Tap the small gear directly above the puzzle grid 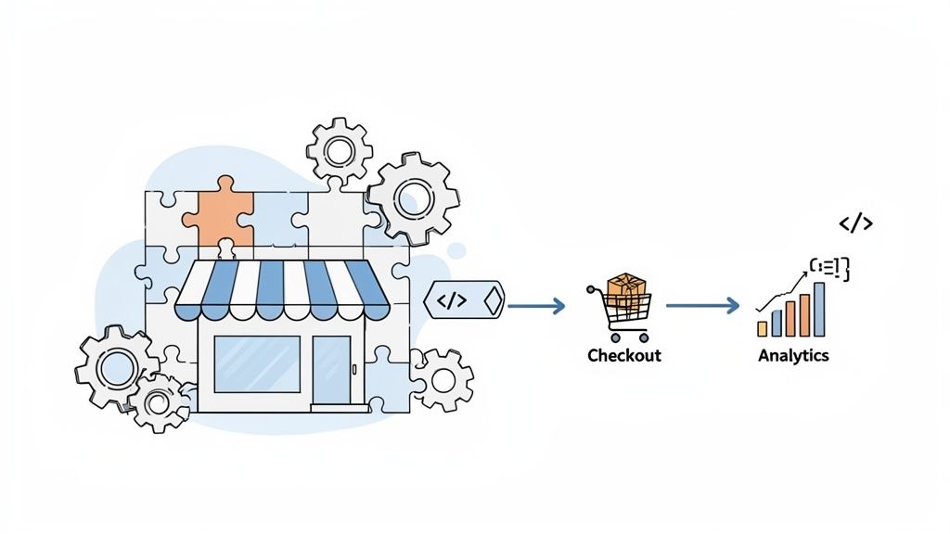pos(340,149)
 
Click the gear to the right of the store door pos(442,378)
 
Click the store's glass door pos(331,369)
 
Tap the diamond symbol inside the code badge pos(492,300)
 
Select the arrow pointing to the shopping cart pos(536,305)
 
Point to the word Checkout pos(624,355)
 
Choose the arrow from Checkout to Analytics pos(702,305)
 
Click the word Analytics pos(793,355)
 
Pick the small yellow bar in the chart pos(762,328)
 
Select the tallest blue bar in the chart pos(819,309)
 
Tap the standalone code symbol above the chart pos(855,223)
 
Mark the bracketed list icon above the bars pos(829,269)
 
